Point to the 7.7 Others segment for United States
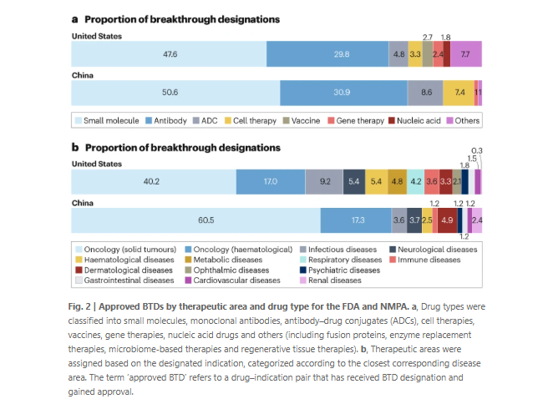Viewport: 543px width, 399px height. click(x=465, y=53)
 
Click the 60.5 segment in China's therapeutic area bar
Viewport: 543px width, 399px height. click(x=195, y=220)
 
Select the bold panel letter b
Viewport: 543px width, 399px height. click(x=75, y=148)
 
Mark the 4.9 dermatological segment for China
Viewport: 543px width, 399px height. click(x=447, y=220)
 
